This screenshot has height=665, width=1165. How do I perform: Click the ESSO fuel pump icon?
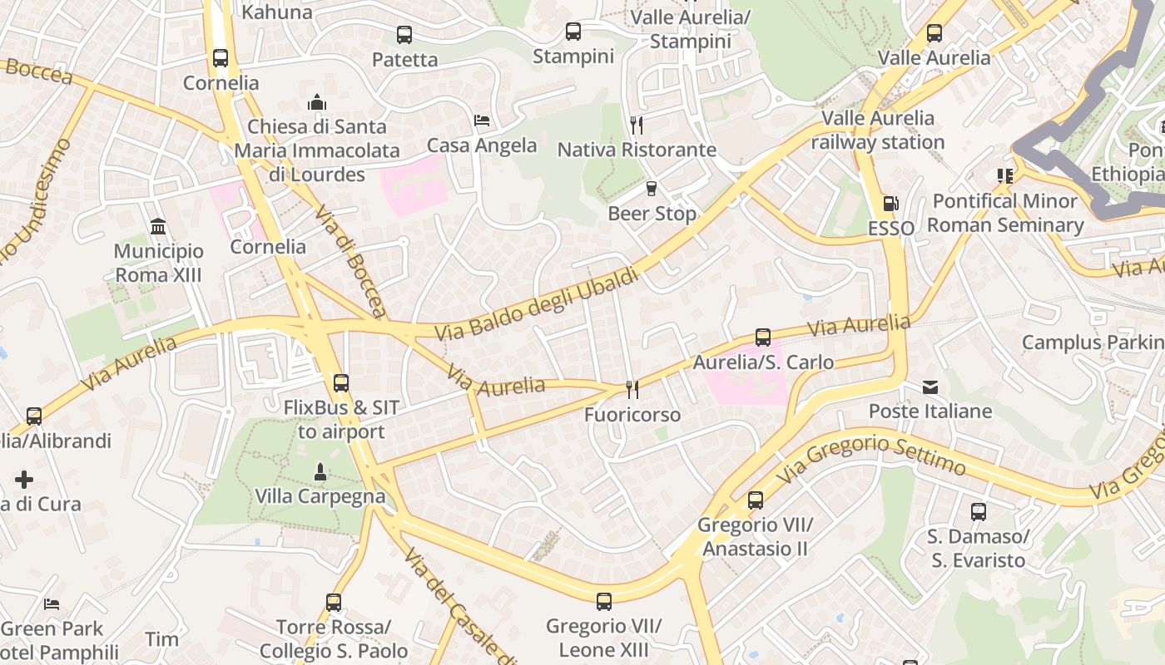(x=890, y=204)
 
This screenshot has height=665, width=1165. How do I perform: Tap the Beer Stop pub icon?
(x=652, y=189)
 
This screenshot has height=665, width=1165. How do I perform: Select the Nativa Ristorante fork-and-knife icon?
(x=637, y=126)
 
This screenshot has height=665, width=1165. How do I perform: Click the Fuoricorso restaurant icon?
(x=632, y=390)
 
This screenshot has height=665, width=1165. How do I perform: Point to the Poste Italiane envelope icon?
(x=930, y=387)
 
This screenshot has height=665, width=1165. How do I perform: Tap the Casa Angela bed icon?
(x=482, y=121)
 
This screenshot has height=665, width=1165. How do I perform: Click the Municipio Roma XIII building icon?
(x=158, y=226)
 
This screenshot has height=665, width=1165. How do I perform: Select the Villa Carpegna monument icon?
(x=320, y=472)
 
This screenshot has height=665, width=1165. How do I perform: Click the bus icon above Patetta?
(x=404, y=35)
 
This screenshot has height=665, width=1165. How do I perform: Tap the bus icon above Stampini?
(x=573, y=32)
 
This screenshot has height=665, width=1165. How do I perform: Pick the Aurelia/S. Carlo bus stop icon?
(x=763, y=337)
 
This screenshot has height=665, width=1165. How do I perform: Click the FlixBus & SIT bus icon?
(x=341, y=383)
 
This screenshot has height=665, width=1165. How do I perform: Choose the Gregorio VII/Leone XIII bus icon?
(x=604, y=601)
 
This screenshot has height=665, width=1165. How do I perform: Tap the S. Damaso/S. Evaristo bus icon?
(x=979, y=512)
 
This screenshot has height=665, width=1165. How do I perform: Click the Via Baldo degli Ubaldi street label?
(x=537, y=304)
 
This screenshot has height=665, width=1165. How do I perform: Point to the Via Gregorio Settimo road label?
(x=872, y=456)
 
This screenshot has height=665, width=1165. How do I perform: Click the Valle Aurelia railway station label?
(x=878, y=130)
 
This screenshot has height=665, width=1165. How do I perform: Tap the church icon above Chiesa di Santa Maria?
(x=316, y=102)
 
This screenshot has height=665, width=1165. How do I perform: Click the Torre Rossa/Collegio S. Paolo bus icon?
(x=334, y=602)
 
